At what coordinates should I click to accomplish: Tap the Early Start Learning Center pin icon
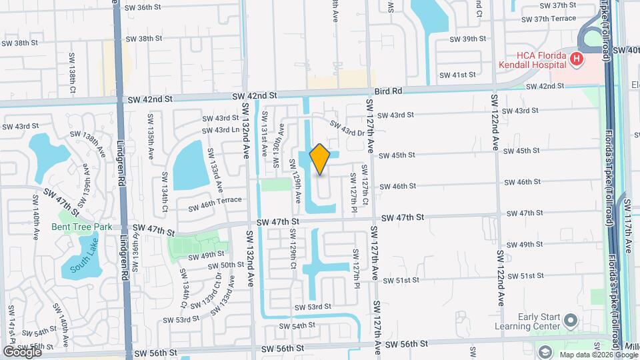point(570,321)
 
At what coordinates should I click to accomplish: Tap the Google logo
point(21,351)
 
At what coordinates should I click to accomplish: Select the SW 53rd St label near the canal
point(313,307)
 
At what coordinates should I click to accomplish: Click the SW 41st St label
point(459,75)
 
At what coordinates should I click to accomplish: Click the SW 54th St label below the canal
point(297,326)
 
